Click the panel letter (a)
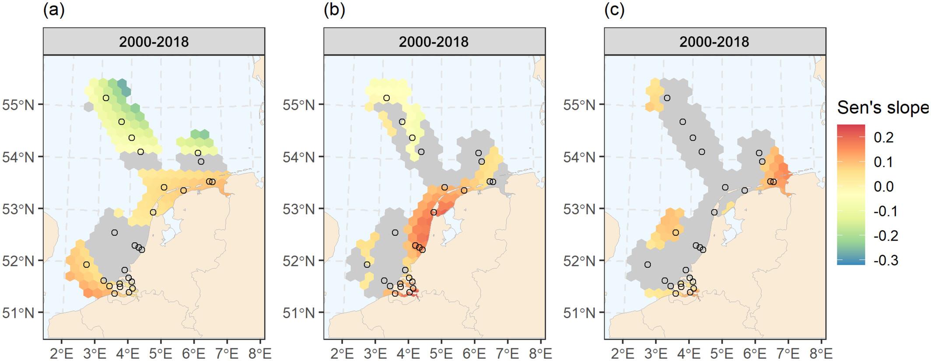pos(54,10)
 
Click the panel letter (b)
pos(334,10)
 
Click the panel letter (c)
pos(614,10)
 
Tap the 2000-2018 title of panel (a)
pos(154,42)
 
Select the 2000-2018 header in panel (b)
pos(434,42)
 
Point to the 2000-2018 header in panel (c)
pos(714,42)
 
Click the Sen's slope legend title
pos(882,107)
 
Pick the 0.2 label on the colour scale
pos(883,138)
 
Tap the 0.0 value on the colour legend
pos(883,187)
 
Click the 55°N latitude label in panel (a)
pos(18,105)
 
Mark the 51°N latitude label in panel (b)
pos(298,313)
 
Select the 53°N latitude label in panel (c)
pos(579,209)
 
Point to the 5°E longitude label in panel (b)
pos(441,353)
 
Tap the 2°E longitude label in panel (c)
pos(623,353)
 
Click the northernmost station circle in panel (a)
pos(106,98)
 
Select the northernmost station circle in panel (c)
pos(667,98)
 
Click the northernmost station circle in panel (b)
pos(386,98)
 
